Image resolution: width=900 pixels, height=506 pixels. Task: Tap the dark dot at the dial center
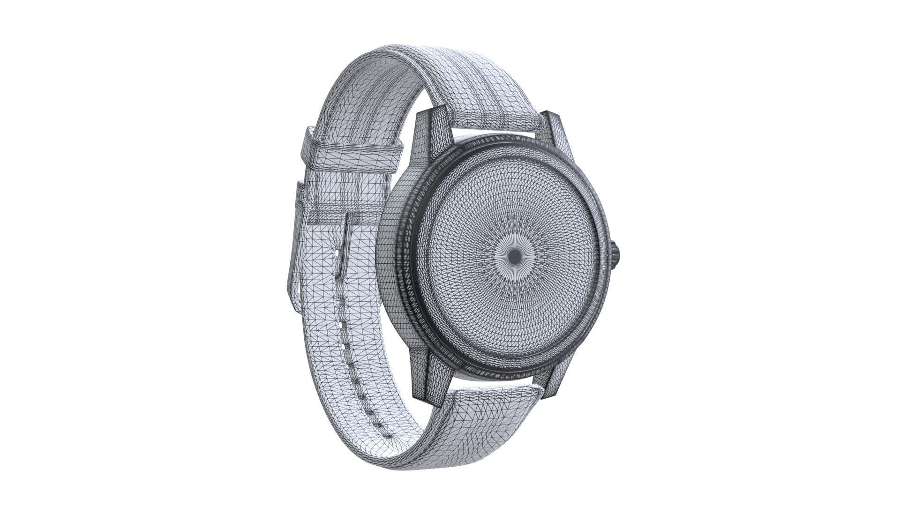pos(514,255)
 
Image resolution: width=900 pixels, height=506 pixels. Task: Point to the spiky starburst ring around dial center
pos(514,255)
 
